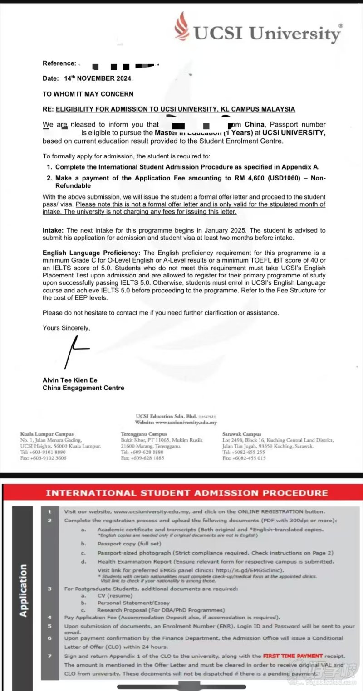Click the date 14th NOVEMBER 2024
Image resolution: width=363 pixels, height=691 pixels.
click(97, 78)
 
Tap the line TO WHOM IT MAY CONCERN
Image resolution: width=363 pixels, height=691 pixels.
click(88, 94)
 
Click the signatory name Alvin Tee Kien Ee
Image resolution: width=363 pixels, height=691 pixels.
click(70, 380)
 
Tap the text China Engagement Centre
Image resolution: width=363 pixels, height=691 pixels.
click(83, 388)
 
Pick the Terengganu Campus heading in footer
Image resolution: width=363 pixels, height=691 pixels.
click(144, 434)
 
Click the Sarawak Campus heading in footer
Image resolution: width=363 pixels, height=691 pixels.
click(242, 434)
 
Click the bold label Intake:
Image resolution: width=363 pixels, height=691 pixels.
click(54, 231)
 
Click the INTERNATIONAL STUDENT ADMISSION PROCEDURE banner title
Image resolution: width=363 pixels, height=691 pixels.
click(187, 493)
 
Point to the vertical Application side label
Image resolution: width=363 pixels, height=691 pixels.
click(23, 590)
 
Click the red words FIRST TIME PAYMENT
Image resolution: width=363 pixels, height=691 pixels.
click(293, 656)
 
